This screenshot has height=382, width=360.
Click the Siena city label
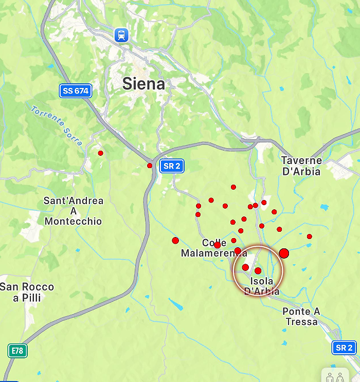(144, 84)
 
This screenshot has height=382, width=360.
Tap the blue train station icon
(121, 35)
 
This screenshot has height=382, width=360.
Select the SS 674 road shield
(75, 91)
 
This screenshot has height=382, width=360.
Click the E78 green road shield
(17, 351)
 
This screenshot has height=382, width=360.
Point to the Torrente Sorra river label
(56, 125)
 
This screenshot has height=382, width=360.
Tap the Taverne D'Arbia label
(301, 166)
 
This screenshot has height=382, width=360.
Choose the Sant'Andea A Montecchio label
(73, 211)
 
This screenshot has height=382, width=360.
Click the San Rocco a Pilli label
(27, 292)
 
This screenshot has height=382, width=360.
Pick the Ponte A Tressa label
(301, 316)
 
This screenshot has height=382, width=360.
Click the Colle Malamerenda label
(213, 248)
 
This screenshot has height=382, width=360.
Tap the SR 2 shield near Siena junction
(171, 166)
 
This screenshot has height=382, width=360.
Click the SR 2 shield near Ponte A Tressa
(344, 348)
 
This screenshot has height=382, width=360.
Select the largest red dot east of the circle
(284, 253)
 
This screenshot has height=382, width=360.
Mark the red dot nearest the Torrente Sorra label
(100, 153)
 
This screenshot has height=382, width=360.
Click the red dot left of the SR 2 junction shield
(150, 166)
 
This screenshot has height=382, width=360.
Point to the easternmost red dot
(310, 237)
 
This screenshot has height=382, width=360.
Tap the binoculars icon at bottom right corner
(335, 376)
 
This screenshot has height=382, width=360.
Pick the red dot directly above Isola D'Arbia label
(258, 270)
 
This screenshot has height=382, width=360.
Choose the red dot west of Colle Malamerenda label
(175, 240)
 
